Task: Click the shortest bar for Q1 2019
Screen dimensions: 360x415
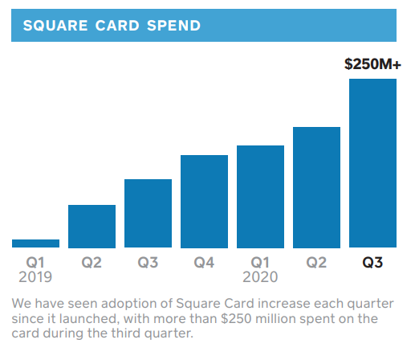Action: point(35,243)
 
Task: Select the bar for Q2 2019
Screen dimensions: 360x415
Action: point(92,227)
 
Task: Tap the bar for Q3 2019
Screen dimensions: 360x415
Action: point(148,214)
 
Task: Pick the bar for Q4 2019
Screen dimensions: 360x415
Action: point(204,202)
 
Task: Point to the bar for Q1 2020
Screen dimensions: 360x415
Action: point(260,197)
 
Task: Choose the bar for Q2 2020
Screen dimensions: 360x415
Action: point(316,187)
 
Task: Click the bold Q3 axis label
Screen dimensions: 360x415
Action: point(372,263)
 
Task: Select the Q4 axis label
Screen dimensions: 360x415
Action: point(204,263)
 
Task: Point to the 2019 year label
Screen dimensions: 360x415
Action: point(35,277)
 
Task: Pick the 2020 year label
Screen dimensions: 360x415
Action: point(260,277)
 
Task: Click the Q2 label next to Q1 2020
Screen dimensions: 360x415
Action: point(316,263)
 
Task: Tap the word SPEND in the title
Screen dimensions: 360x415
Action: point(173,26)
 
